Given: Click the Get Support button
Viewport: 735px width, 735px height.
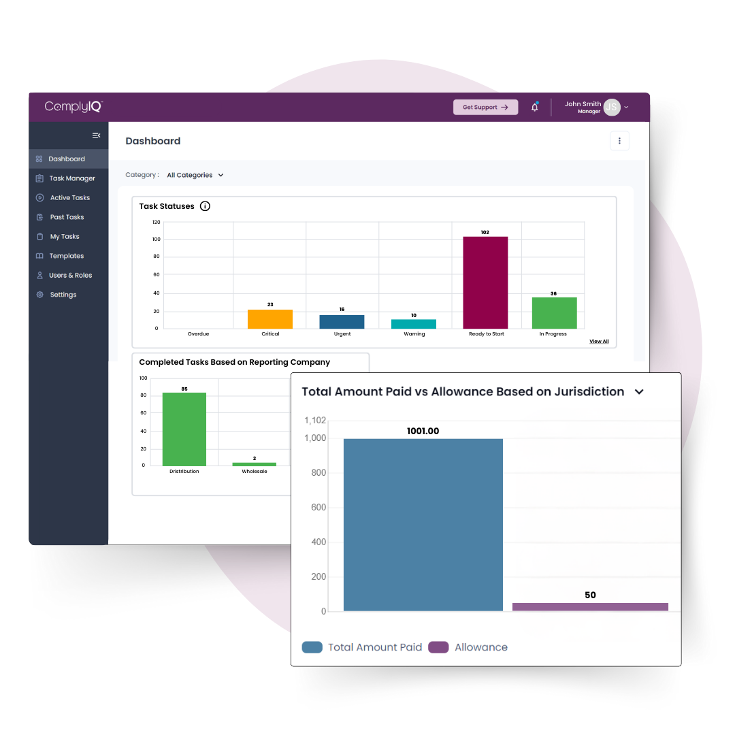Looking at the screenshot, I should click(x=485, y=107).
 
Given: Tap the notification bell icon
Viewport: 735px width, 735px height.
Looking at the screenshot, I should click(x=535, y=107).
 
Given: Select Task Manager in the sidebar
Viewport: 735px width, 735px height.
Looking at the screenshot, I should click(x=71, y=178).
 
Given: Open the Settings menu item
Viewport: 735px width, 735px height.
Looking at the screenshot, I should click(x=63, y=295).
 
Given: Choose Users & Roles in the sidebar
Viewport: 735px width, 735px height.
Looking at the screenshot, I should click(x=70, y=276).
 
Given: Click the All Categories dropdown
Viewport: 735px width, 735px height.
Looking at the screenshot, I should click(x=195, y=175).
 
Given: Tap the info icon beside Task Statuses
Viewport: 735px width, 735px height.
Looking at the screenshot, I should click(x=205, y=206).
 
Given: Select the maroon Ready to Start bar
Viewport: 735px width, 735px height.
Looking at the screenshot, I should click(x=485, y=282).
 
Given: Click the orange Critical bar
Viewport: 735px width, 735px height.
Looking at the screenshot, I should click(x=269, y=319).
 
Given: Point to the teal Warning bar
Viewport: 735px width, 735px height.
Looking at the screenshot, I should click(x=414, y=324).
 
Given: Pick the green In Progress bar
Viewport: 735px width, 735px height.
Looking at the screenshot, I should click(x=554, y=313).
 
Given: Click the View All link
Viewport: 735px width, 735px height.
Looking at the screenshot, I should click(x=599, y=342).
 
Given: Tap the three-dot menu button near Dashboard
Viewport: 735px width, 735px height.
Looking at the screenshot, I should click(x=619, y=141).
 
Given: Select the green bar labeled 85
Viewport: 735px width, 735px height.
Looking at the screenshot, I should click(x=184, y=429).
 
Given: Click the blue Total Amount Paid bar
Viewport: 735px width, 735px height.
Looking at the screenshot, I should click(x=423, y=525).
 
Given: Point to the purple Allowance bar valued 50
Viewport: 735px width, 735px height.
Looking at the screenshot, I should click(x=590, y=607).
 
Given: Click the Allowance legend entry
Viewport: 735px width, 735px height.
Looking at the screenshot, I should click(x=468, y=647).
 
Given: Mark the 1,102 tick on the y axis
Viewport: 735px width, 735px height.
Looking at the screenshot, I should click(x=315, y=421).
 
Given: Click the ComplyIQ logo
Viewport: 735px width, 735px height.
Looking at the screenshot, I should click(x=73, y=106).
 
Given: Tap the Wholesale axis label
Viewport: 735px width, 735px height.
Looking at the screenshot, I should click(x=255, y=472).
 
